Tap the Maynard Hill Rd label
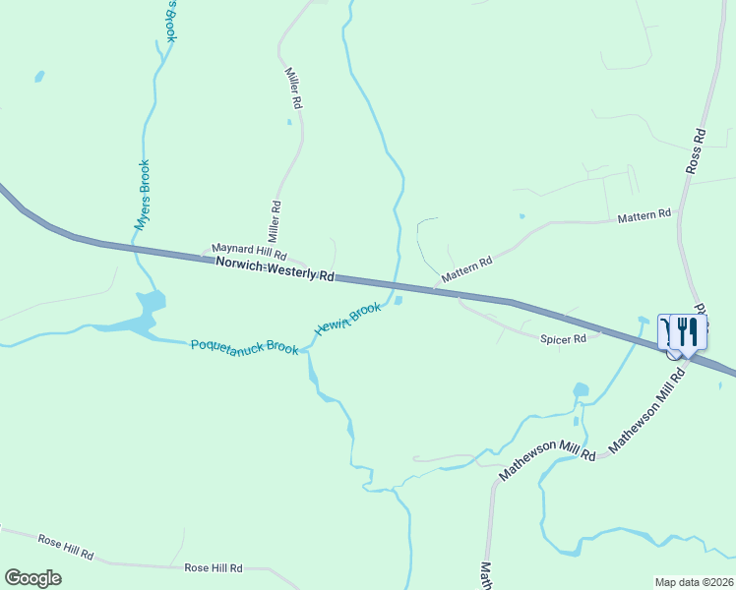pyautogui.click(x=249, y=253)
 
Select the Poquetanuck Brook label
pyautogui.click(x=244, y=346)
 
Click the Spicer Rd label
pyautogui.click(x=563, y=339)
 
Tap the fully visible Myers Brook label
pyautogui.click(x=143, y=195)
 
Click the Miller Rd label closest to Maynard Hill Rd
pyautogui.click(x=276, y=222)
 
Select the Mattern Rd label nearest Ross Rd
pyautogui.click(x=644, y=213)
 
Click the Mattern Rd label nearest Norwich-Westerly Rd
pyautogui.click(x=466, y=270)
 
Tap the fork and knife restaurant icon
pyautogui.click(x=688, y=331)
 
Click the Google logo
pyautogui.click(x=32, y=578)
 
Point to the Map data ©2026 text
pyautogui.click(x=695, y=581)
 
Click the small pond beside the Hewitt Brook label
pyautogui.click(x=398, y=301)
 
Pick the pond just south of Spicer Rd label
pyautogui.click(x=581, y=390)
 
